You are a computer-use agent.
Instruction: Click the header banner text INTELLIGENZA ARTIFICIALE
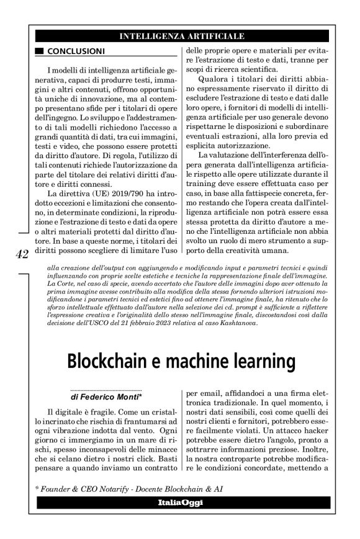(181, 35)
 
